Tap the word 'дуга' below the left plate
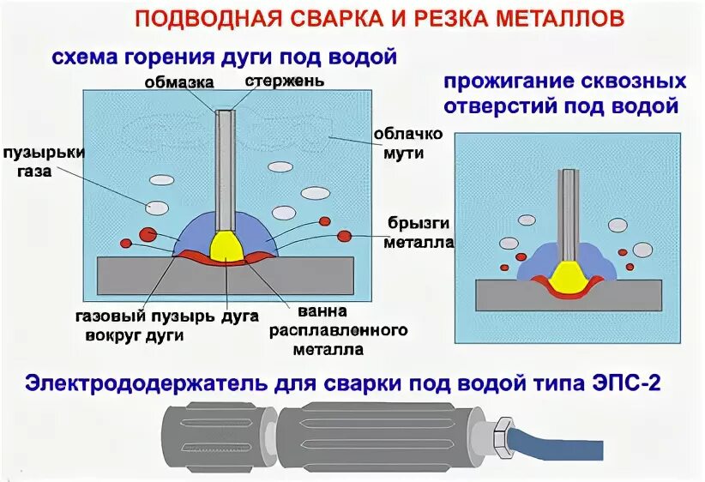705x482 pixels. point(240,316)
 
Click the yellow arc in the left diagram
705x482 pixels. point(226,246)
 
